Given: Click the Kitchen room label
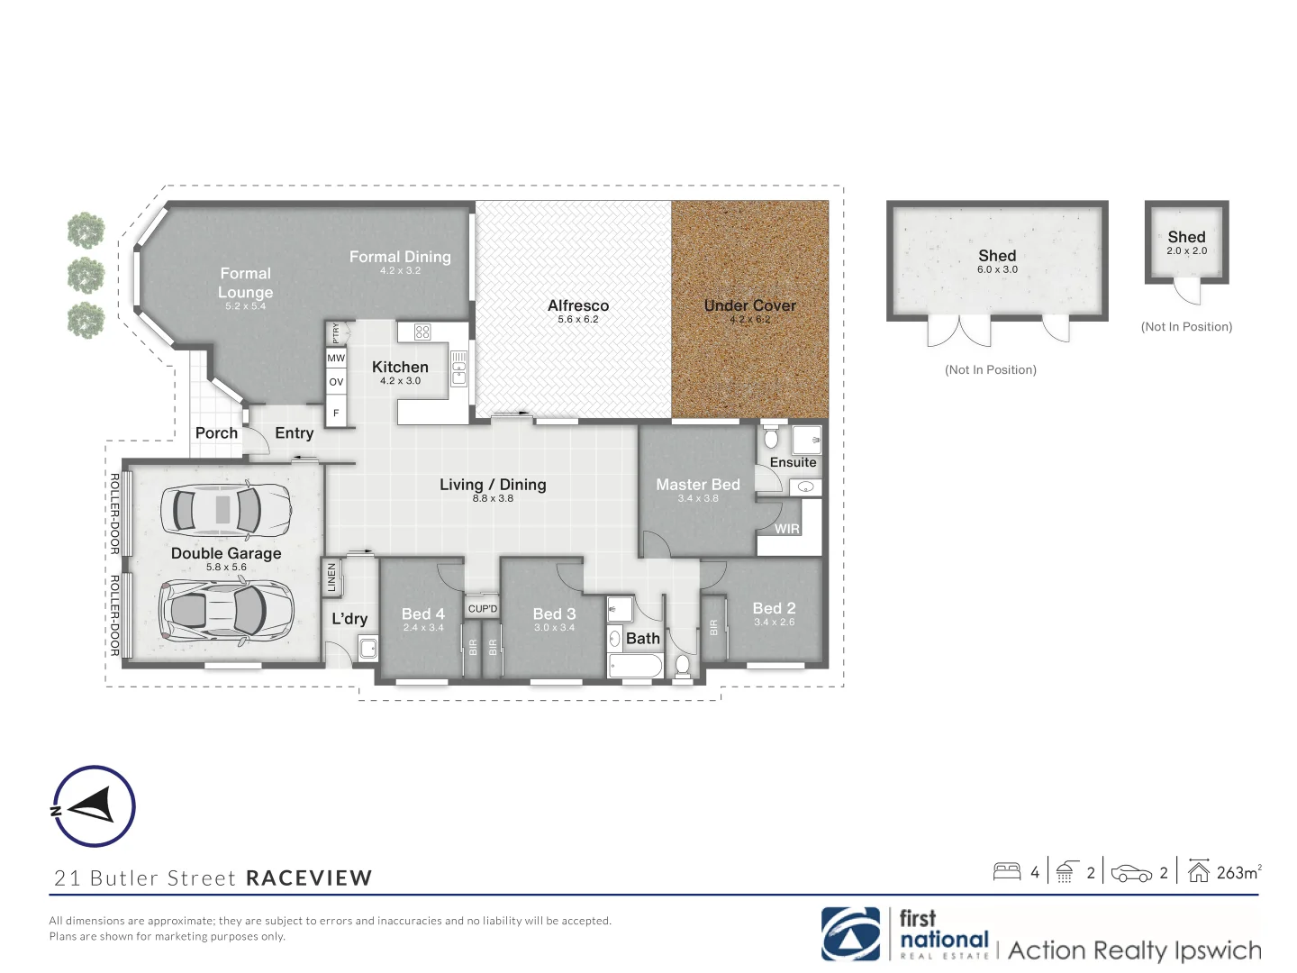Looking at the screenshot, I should pos(400,368).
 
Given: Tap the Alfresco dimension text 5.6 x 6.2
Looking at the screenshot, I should pos(577,320).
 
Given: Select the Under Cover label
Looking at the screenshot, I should pos(749,305).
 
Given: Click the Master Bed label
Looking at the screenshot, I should pos(697,485).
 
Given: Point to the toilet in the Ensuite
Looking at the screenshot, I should pos(770,438).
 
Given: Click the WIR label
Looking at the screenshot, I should pos(786,529).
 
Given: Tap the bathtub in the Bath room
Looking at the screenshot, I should pos(636,666).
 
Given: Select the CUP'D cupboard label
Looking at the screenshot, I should pos(483,609).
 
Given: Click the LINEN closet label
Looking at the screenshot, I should pos(331,577).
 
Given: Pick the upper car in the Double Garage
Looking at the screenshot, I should pos(225,510).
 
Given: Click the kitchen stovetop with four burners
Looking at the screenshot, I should pos(422,332).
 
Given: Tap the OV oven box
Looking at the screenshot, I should pos(336,382).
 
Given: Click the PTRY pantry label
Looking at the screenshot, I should pos(336,332).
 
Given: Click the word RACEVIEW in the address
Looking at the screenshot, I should pos(309,878).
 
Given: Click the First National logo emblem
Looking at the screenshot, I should pos(850,933).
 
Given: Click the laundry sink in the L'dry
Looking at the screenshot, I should pos(367,648).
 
